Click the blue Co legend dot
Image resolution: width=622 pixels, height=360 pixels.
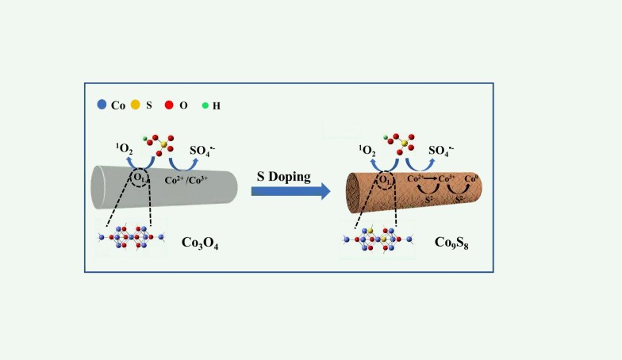click(x=102, y=104)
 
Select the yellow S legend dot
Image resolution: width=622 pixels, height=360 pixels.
click(x=136, y=104)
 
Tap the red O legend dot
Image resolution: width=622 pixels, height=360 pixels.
click(x=170, y=104)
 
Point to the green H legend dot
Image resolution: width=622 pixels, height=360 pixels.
click(x=205, y=104)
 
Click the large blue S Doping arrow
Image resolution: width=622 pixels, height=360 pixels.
click(x=290, y=191)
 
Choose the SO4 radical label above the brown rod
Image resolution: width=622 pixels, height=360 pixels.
click(x=444, y=151)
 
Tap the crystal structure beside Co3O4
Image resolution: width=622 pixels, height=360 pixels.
click(x=132, y=236)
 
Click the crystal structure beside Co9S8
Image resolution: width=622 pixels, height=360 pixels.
click(x=378, y=238)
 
